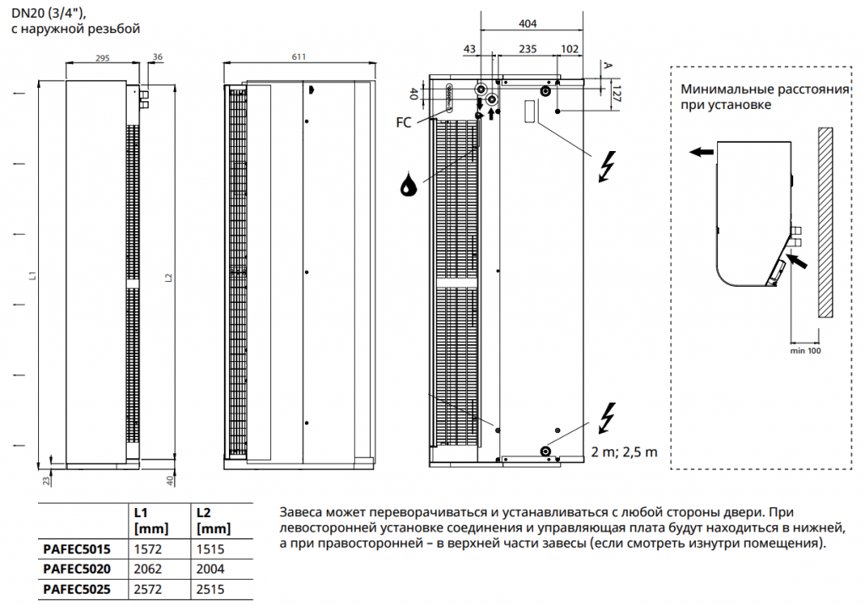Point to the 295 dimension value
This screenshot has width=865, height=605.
coord(101,58)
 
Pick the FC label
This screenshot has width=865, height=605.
coord(404,122)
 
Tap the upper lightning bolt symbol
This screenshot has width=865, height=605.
coord(606,166)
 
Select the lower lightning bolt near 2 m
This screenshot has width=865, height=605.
coord(606,417)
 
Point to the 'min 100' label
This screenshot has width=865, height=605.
coord(805,349)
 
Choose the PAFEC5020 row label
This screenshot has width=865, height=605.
coord(77,569)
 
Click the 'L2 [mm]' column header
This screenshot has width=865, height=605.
coord(212,520)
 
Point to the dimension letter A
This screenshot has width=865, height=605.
coord(606,64)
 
